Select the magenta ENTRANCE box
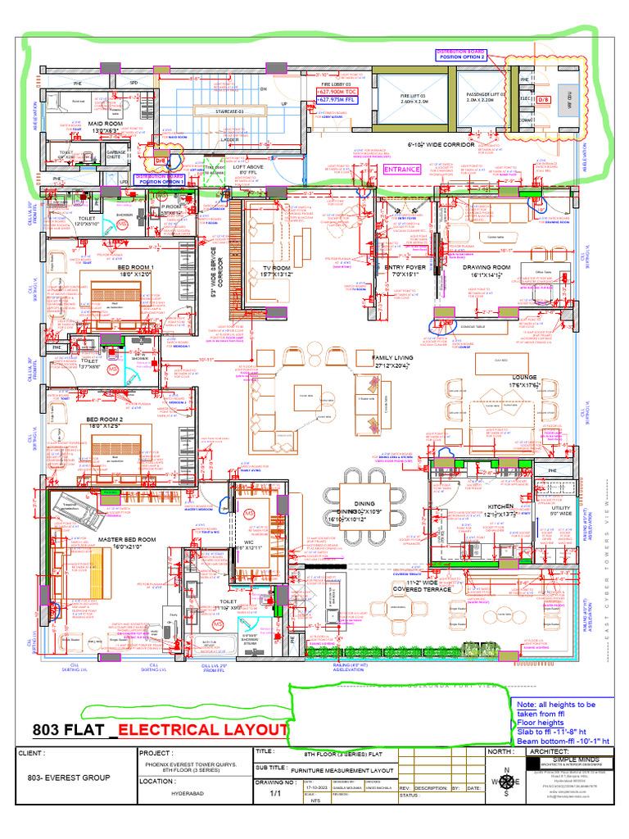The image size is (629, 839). coord(402,170)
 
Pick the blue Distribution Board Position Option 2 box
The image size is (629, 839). coord(462,54)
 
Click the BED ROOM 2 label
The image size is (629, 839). coord(104,419)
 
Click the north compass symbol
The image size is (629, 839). coord(505,780)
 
